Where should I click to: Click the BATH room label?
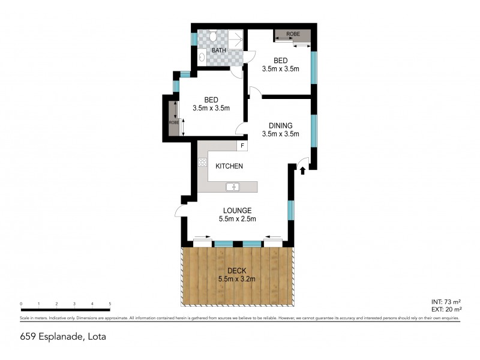(218, 50)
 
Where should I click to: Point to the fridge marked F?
(242, 146)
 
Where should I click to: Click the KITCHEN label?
(229, 166)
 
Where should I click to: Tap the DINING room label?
(280, 125)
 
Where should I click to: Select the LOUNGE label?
(237, 210)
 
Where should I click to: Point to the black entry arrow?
(302, 170)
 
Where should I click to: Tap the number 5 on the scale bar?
(110, 304)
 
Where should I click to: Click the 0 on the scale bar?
(21, 304)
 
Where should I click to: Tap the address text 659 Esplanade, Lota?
(63, 336)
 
